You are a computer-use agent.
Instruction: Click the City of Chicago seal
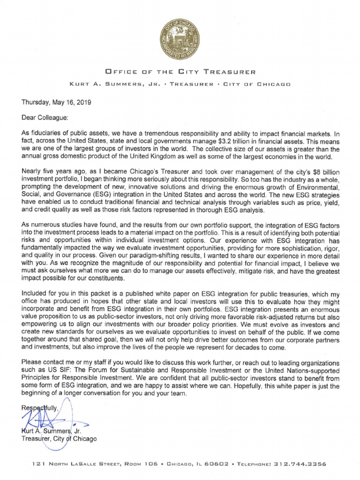click(x=180, y=38)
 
